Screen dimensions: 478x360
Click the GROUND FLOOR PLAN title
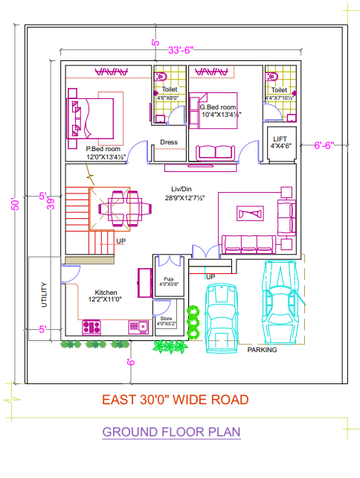pyautogui.click(x=171, y=432)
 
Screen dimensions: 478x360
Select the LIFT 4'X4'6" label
pyautogui.click(x=280, y=142)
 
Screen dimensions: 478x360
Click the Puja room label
pyautogui.click(x=168, y=281)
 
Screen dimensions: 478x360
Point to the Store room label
pyautogui.click(x=166, y=321)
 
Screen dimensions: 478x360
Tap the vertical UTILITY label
pyautogui.click(x=44, y=294)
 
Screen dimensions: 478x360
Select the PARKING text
pyautogui.click(x=262, y=349)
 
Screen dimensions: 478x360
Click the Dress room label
pyautogui.click(x=168, y=143)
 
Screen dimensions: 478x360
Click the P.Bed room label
pyautogui.click(x=104, y=153)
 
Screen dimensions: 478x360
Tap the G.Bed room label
pyautogui.click(x=219, y=111)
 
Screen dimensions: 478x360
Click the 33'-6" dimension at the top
pyautogui.click(x=180, y=50)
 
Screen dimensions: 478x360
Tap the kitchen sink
pyautogui.click(x=138, y=326)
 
